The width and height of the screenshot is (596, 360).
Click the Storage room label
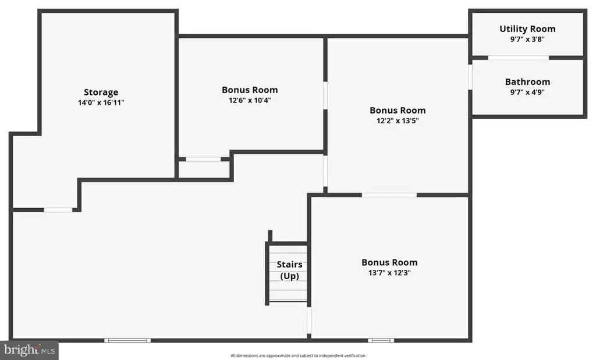pyautogui.click(x=101, y=92)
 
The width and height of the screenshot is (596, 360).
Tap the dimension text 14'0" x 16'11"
pyautogui.click(x=101, y=102)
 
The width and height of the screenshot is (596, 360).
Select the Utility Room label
pyautogui.click(x=527, y=29)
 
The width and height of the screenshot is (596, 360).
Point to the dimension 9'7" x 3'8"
pyautogui.click(x=527, y=39)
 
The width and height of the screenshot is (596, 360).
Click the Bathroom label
pyautogui.click(x=527, y=81)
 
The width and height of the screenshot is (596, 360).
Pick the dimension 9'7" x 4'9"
pyautogui.click(x=527, y=92)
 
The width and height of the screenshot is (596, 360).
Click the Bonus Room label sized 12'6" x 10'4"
pyautogui.click(x=250, y=90)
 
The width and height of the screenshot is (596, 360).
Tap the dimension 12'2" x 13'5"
pyautogui.click(x=398, y=121)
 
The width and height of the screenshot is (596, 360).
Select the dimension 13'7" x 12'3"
pyautogui.click(x=389, y=273)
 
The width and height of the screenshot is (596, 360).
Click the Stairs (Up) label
pyautogui.click(x=290, y=270)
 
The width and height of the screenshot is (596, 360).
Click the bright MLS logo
pyautogui.click(x=29, y=350)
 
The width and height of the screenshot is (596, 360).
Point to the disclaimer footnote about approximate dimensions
pyautogui.click(x=298, y=356)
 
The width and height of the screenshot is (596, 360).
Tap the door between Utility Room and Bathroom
pyautogui.click(x=519, y=58)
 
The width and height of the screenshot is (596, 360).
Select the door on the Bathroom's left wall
pyautogui.click(x=470, y=77)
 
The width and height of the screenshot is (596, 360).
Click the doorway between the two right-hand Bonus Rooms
pyautogui.click(x=389, y=195)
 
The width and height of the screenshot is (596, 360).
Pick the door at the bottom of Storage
pyautogui.click(x=58, y=210)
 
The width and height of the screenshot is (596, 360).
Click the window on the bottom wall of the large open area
pyautogui.click(x=127, y=340)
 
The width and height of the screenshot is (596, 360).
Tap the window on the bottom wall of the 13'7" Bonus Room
pyautogui.click(x=381, y=340)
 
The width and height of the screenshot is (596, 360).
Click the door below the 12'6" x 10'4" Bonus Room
pyautogui.click(x=203, y=159)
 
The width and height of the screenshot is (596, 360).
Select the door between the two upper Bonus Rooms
pyautogui.click(x=325, y=96)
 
